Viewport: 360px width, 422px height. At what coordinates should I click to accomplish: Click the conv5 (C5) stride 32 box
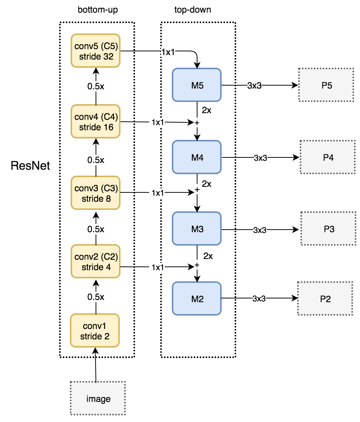(96, 51)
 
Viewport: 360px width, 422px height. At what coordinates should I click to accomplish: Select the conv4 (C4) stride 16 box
(96, 122)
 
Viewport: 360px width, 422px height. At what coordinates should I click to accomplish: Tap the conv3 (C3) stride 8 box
(96, 193)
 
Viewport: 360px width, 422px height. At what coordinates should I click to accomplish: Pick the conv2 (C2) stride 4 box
(96, 262)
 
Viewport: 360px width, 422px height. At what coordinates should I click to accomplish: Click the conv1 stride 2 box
(95, 331)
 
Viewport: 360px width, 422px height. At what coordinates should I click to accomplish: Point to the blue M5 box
(197, 85)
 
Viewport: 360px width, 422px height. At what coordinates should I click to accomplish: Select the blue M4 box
(197, 157)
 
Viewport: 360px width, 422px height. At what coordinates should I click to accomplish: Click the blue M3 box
(197, 228)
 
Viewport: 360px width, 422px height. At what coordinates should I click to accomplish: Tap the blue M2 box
(197, 298)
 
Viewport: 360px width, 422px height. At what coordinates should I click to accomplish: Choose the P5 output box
(326, 85)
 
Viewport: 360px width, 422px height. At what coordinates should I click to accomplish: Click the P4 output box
(327, 157)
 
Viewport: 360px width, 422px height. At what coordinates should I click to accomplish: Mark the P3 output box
(328, 229)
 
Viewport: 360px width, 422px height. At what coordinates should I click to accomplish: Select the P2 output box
(325, 298)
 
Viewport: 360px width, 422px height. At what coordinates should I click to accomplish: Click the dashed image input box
(98, 399)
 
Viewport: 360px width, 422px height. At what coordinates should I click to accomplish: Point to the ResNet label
(30, 165)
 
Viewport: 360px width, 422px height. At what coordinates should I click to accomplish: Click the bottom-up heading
(97, 10)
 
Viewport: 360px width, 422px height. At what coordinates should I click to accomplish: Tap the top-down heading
(193, 10)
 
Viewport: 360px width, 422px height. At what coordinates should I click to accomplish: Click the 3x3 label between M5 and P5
(254, 86)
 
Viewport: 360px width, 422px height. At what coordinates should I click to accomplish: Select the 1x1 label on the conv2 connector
(158, 267)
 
